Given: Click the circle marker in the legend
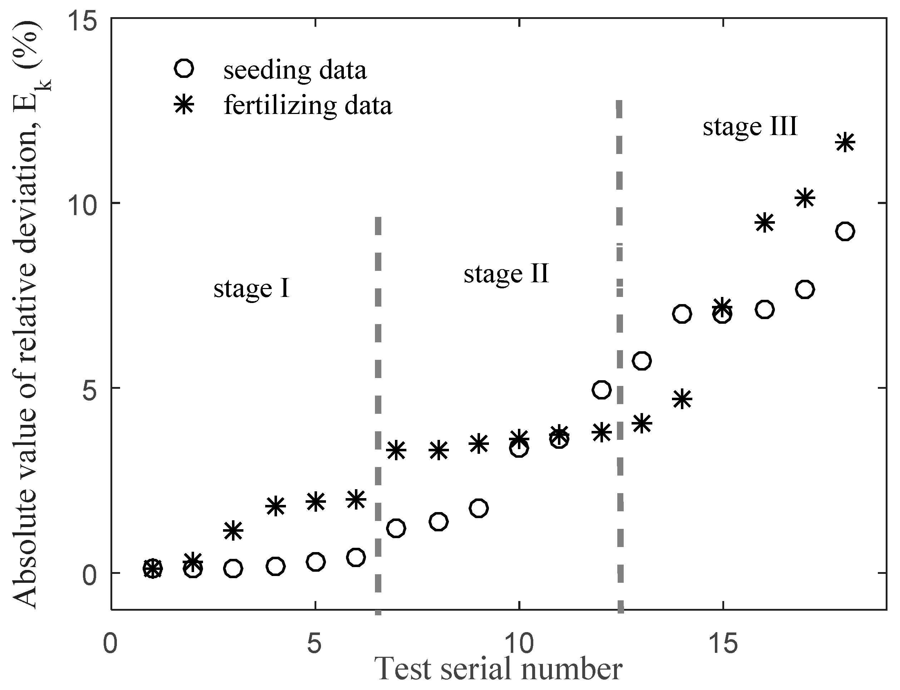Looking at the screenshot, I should tap(184, 69).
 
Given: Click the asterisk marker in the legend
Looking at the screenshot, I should tap(184, 105).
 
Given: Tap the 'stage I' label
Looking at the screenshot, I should tap(251, 288).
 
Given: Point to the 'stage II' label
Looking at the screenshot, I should tap(506, 274).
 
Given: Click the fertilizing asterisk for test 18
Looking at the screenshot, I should tap(845, 143).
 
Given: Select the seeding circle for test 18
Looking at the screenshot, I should tap(845, 231).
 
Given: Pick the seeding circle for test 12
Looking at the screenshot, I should tap(601, 389).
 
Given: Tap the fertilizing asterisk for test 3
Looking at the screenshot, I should tap(233, 531).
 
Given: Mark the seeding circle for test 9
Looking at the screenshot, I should tap(479, 508).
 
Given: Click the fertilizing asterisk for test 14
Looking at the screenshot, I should tap(682, 399).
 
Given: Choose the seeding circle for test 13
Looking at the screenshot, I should tap(642, 361).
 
